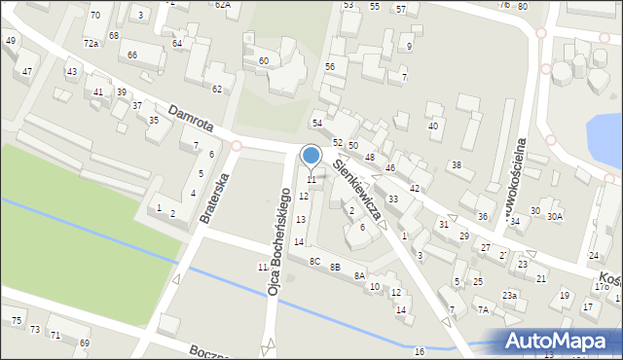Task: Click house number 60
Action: click(263, 61)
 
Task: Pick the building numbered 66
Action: click(131, 54)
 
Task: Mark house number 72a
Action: click(91, 44)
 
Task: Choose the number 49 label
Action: click(11, 41)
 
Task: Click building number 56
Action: click(330, 66)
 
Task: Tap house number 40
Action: click(433, 126)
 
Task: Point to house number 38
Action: click(455, 165)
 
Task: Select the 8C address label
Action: click(314, 261)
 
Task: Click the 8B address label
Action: click(335, 267)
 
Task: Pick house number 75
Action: click(17, 321)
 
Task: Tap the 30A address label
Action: click(555, 216)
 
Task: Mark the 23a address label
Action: click(509, 295)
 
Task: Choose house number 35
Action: click(154, 121)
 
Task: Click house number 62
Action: click(217, 90)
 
